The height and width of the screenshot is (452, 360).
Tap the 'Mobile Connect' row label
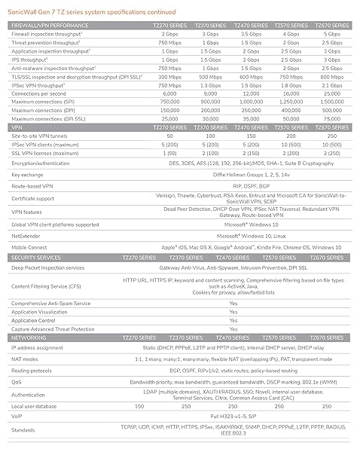tap(29, 246)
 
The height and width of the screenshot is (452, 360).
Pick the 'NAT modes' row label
tap(26, 360)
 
